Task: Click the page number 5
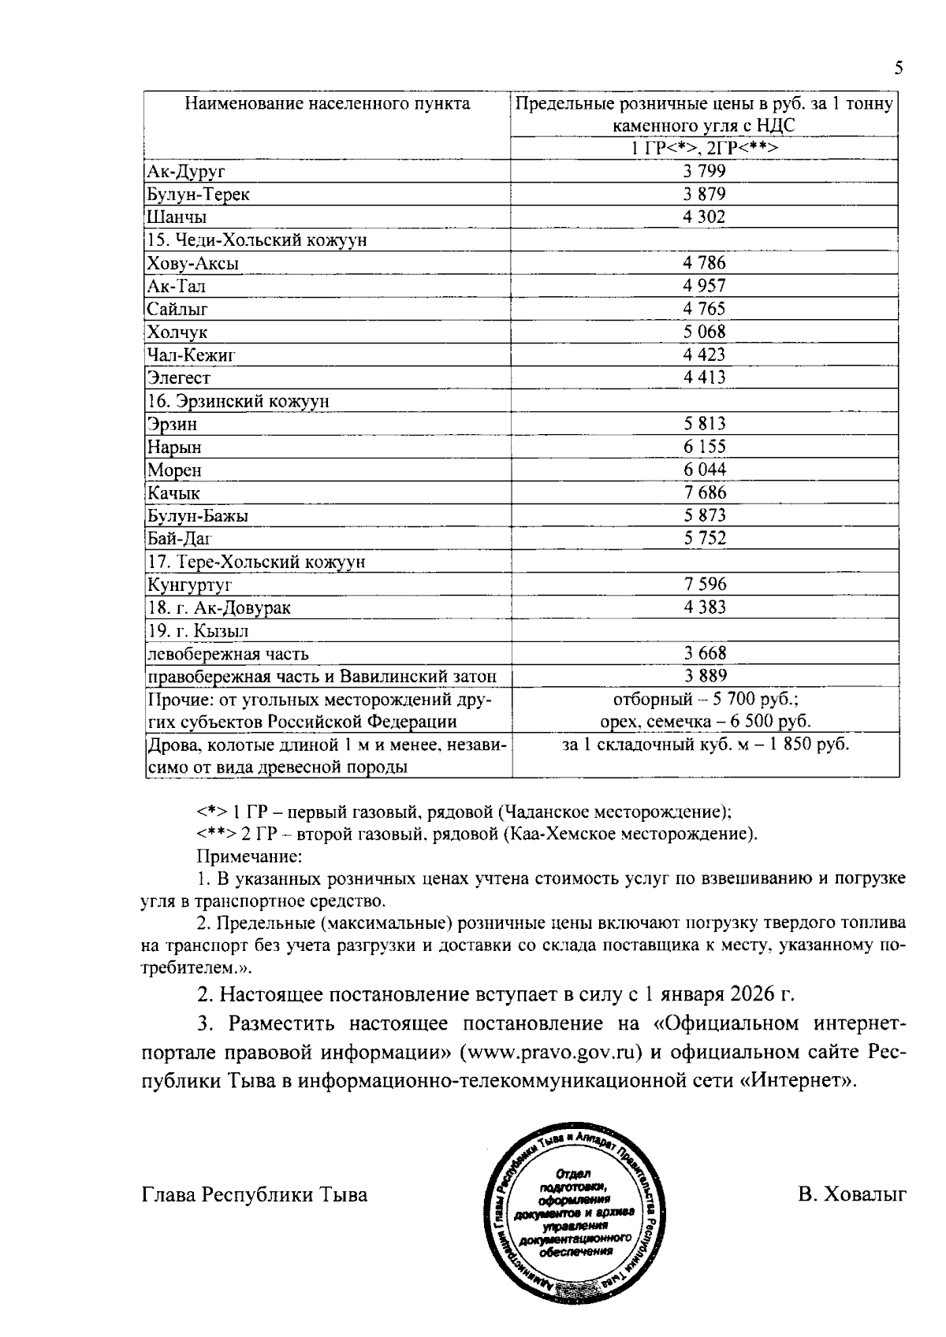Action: coord(898,69)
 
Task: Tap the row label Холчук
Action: coord(177,332)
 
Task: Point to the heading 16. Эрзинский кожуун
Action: coord(238,402)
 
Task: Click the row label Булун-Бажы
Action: coord(198,516)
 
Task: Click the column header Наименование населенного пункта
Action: coord(327,104)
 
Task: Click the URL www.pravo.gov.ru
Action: coord(552,1053)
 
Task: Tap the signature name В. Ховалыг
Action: coord(852,1195)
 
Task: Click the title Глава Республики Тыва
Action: coord(255,1195)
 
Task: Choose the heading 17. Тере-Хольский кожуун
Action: coord(256,563)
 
